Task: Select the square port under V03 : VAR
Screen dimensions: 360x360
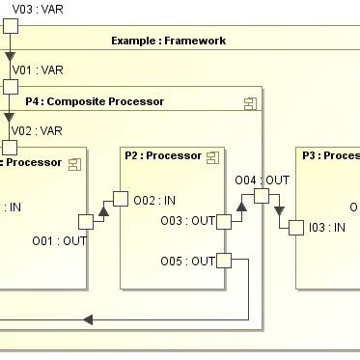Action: (10, 24)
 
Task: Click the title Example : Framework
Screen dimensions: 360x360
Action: (168, 41)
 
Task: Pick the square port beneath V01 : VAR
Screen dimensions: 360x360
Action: (10, 87)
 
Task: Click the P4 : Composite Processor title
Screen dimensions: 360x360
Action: (95, 101)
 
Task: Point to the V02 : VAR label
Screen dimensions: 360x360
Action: (37, 130)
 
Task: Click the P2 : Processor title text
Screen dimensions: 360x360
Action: (161, 155)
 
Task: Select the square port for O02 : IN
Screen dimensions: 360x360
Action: (121, 199)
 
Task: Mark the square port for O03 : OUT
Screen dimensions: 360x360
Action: (224, 222)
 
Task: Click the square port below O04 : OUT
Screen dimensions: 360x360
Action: (261, 196)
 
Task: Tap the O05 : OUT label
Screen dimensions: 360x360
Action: (187, 261)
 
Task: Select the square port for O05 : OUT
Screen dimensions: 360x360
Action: (224, 261)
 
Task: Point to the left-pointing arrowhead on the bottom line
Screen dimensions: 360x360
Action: (88, 319)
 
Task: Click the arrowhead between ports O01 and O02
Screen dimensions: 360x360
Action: (101, 210)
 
